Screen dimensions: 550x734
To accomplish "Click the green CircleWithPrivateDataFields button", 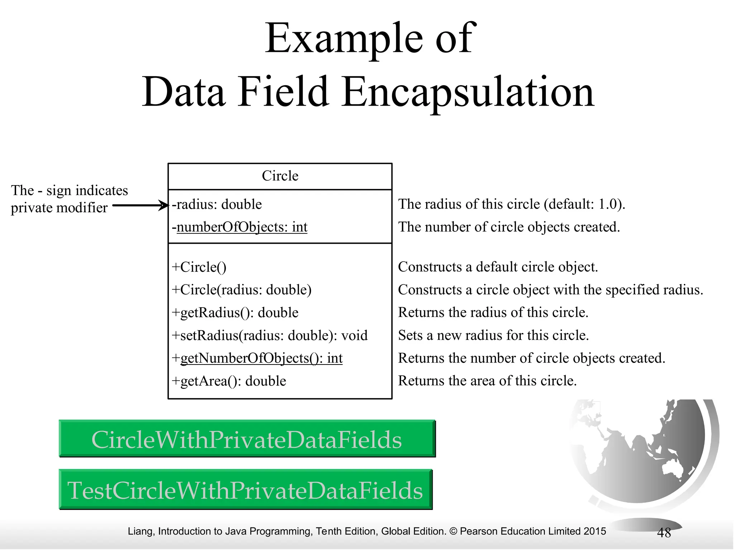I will point(247,439).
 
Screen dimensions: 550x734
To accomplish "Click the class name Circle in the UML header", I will point(280,176).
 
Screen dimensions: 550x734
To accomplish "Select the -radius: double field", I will point(217,204).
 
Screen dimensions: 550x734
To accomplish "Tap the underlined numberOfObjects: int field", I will point(242,227).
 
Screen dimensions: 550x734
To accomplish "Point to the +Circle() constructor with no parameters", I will point(199,267).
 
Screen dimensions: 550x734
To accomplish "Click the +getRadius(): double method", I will point(235,313).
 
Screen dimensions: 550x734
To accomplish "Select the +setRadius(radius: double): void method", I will point(270,336).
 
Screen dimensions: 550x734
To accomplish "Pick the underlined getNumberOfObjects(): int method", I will point(261,358).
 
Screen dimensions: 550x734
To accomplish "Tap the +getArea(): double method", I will point(229,381).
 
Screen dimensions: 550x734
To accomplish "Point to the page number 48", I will point(664,533).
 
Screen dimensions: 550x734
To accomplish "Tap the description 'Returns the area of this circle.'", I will point(487,381).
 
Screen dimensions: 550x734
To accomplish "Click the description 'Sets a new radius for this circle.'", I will point(494,335).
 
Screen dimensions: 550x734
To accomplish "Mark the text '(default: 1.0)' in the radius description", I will point(584,204).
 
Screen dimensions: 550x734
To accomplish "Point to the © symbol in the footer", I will point(453,531).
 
